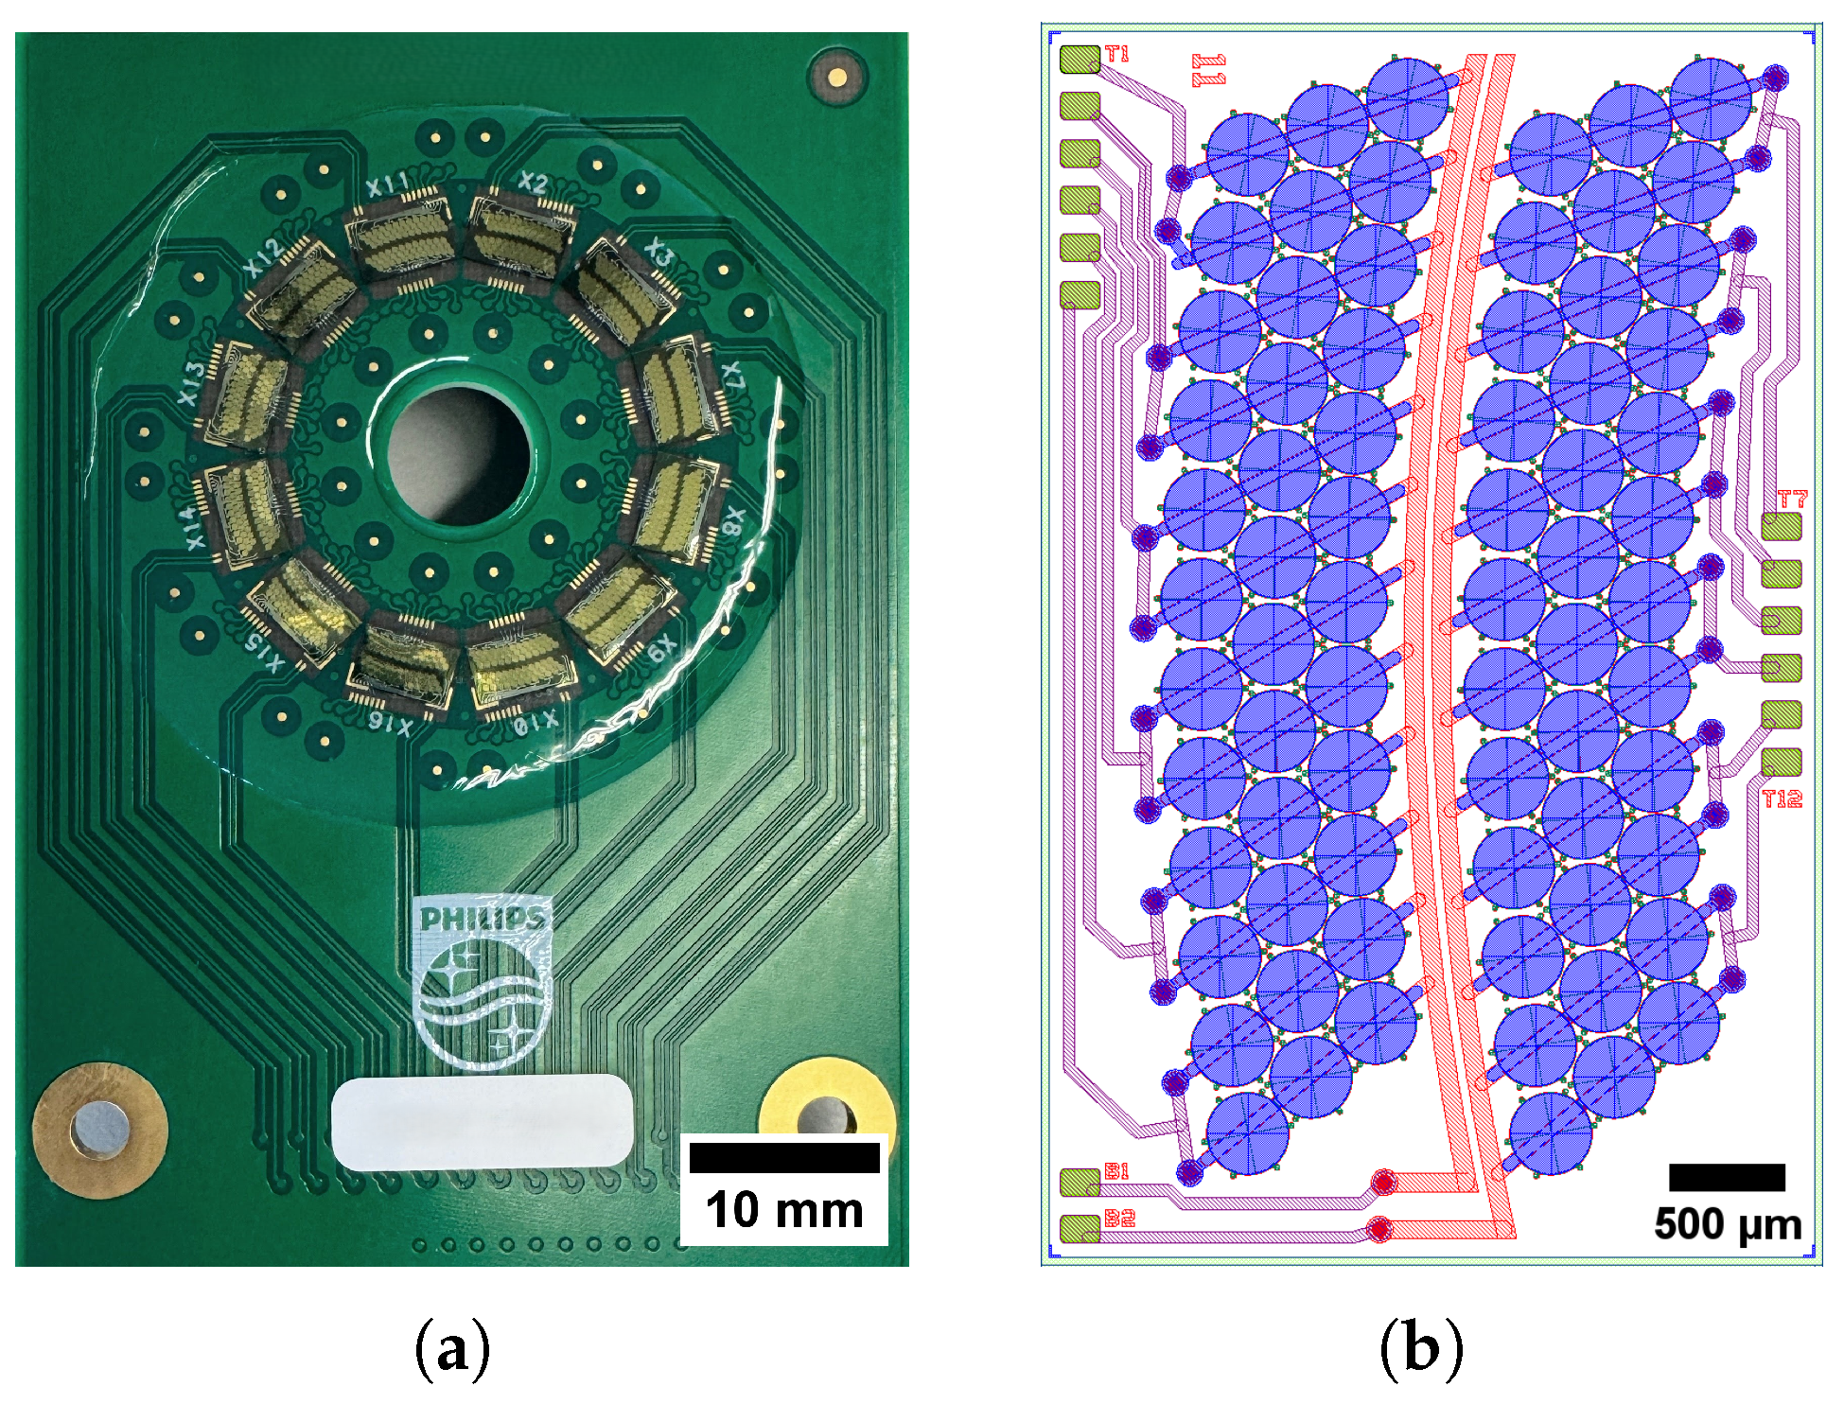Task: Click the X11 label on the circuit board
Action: click(x=387, y=185)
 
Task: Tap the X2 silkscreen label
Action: click(x=533, y=183)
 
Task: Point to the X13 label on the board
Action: click(x=191, y=383)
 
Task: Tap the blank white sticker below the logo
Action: click(x=482, y=1122)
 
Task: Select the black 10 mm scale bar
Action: click(x=784, y=1158)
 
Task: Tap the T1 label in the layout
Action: click(x=1117, y=55)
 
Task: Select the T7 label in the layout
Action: click(x=1792, y=499)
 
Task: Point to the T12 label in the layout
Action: click(x=1782, y=799)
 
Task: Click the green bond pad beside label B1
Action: click(x=1080, y=1182)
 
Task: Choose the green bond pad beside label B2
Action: click(x=1080, y=1228)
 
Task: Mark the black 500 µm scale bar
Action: click(x=1727, y=1177)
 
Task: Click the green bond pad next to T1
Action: click(x=1080, y=59)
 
